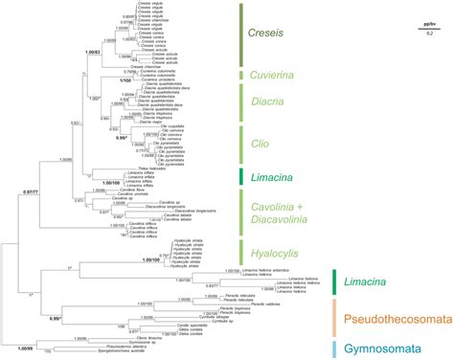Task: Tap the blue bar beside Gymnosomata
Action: pyautogui.click(x=333, y=349)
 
